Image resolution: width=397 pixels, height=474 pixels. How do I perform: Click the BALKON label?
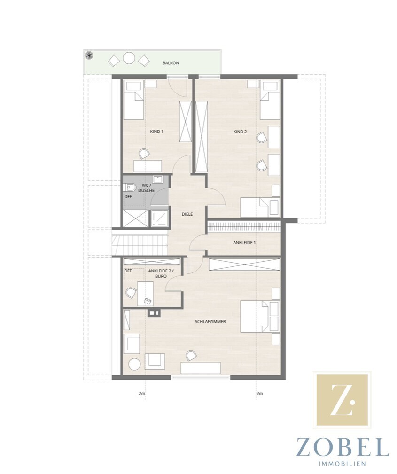click(171, 63)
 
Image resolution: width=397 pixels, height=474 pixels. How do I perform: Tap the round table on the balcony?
click(129, 58)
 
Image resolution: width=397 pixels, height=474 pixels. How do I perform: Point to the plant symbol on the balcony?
click(89, 55)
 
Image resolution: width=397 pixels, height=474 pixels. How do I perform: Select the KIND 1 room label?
click(156, 132)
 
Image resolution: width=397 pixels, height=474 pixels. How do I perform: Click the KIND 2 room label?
click(240, 132)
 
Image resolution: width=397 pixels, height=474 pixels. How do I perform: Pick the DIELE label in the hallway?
click(187, 214)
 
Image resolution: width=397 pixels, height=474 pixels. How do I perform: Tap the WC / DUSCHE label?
click(146, 188)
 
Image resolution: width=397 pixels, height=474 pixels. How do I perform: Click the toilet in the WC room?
click(129, 188)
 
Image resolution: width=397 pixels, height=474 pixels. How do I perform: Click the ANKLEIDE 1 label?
click(244, 242)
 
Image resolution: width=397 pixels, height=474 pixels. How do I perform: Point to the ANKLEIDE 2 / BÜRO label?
click(157, 273)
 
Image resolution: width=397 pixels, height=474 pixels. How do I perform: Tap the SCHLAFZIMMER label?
click(210, 322)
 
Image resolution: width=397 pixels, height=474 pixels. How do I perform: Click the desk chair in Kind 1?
click(144, 154)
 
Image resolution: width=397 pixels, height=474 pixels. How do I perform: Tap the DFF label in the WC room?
click(128, 197)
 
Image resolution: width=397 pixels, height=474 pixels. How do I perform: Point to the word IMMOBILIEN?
click(343, 464)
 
